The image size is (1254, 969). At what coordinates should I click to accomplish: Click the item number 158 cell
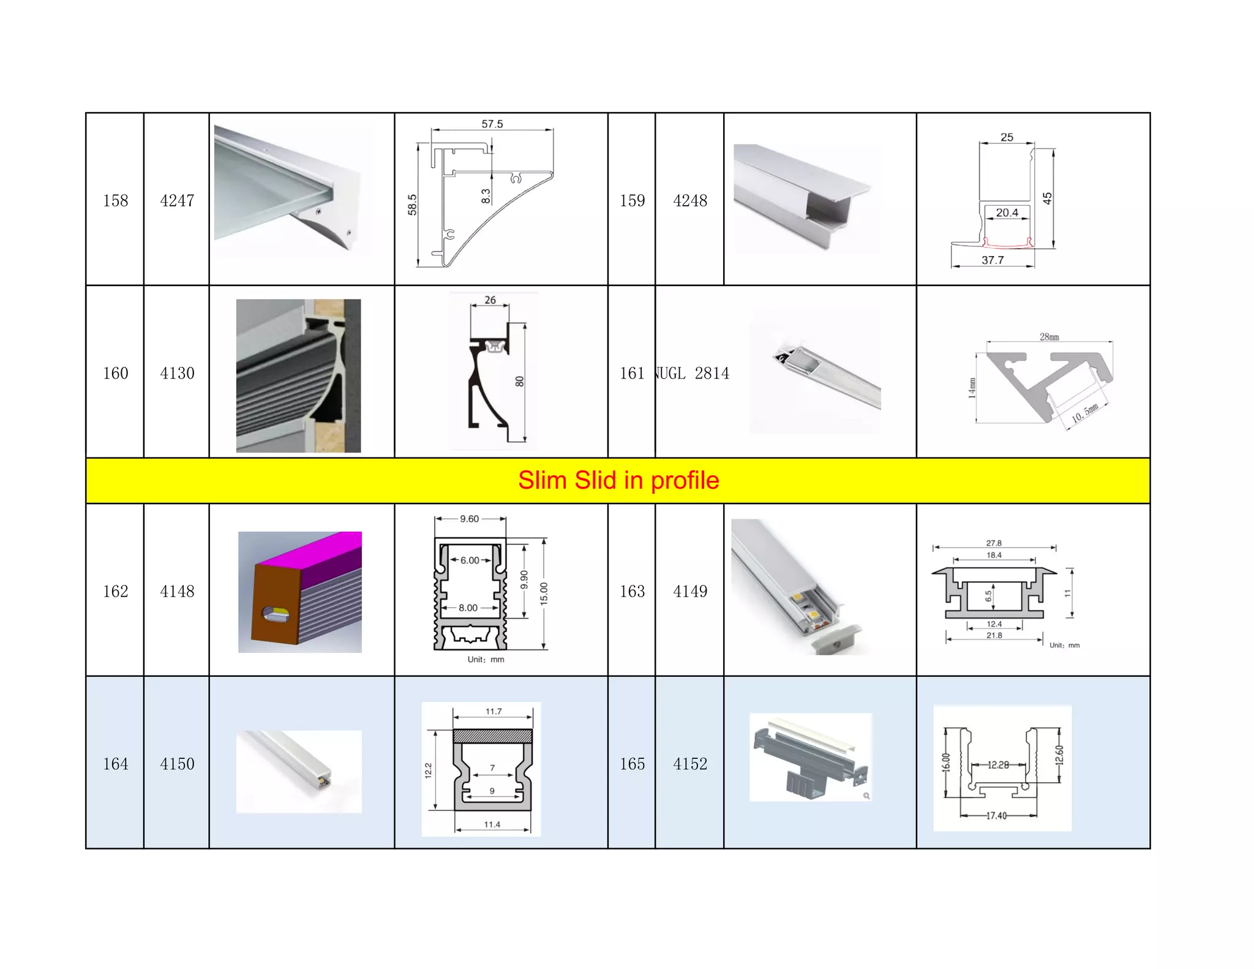pyautogui.click(x=115, y=200)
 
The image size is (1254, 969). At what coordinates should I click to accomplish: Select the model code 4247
pyautogui.click(x=177, y=200)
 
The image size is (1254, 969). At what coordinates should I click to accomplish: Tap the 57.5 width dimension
pyautogui.click(x=492, y=124)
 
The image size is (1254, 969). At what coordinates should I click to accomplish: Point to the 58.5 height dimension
pyautogui.click(x=412, y=205)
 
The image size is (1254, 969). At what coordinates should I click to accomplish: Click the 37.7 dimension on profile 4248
pyautogui.click(x=993, y=260)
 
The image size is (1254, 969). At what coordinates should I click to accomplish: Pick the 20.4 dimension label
pyautogui.click(x=1007, y=213)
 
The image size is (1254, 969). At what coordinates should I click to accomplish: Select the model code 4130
pyautogui.click(x=177, y=373)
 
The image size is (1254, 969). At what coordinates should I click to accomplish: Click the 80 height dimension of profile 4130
pyautogui.click(x=519, y=381)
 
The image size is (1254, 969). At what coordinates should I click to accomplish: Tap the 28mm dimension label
pyautogui.click(x=1049, y=337)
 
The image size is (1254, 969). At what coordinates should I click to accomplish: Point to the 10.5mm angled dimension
pyautogui.click(x=1085, y=413)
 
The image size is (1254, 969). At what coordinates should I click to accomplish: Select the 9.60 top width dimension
pyautogui.click(x=469, y=519)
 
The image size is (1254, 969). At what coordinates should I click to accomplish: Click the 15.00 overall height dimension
pyautogui.click(x=544, y=594)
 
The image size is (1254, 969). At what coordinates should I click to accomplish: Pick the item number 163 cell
pyautogui.click(x=632, y=591)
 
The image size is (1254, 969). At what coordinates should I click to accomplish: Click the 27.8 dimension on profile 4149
pyautogui.click(x=994, y=543)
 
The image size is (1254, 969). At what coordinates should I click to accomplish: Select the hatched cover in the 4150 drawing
pyautogui.click(x=492, y=736)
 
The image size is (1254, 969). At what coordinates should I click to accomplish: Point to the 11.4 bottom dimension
pyautogui.click(x=492, y=824)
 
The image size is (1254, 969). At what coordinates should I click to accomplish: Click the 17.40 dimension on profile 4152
pyautogui.click(x=996, y=815)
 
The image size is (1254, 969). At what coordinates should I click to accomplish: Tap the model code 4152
pyautogui.click(x=690, y=764)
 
